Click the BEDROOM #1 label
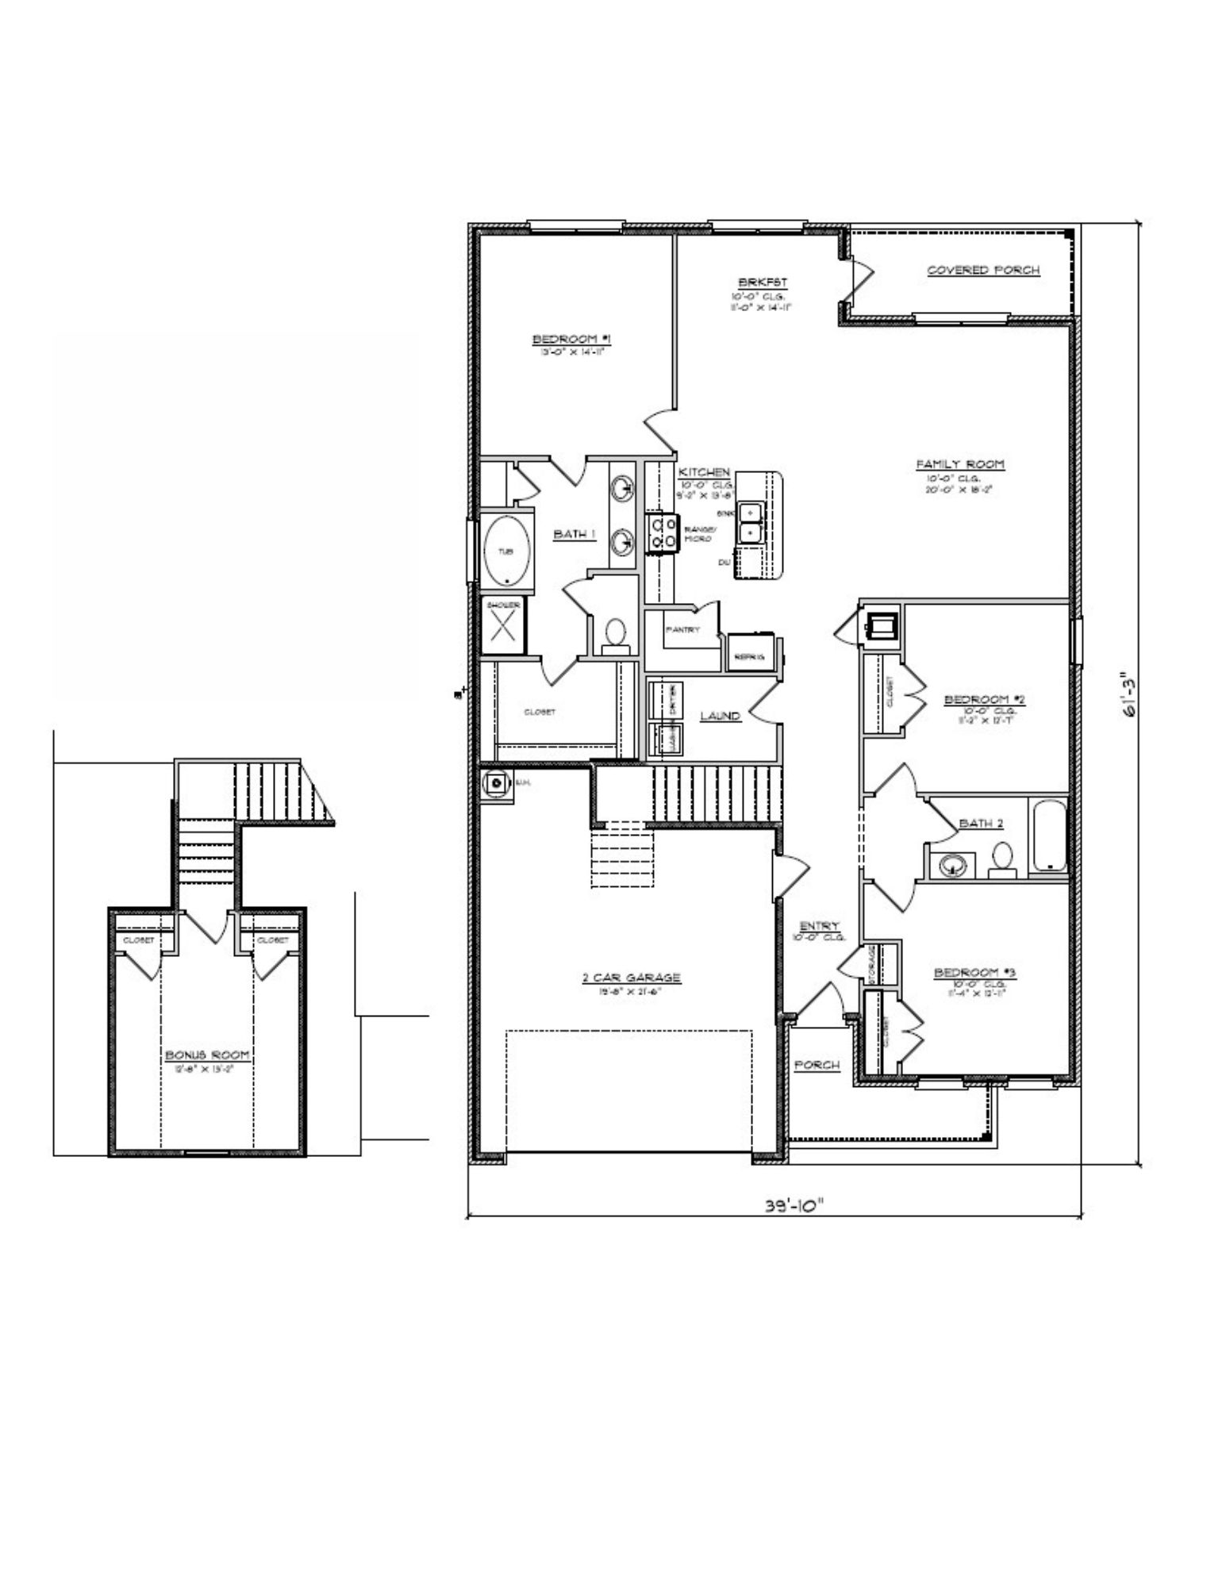575,340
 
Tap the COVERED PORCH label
983,270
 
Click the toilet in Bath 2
1003,859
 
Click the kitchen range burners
662,532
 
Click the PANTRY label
682,629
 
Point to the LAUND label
720,716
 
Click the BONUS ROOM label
207,1055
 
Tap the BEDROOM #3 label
975,973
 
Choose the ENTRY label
819,926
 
